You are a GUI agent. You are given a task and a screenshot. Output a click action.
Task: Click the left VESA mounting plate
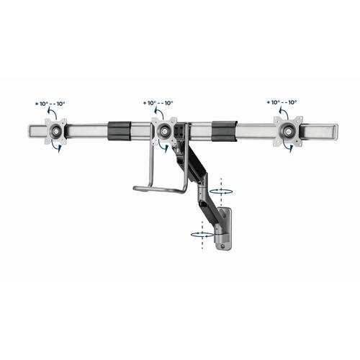[x=55, y=132]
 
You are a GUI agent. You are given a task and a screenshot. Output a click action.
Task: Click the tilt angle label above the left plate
[x=50, y=103]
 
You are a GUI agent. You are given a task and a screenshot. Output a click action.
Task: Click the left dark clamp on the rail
[x=120, y=131]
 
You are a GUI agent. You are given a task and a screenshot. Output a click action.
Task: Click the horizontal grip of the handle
[x=159, y=189]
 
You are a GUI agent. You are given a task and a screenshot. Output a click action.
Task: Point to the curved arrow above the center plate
[x=155, y=114]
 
